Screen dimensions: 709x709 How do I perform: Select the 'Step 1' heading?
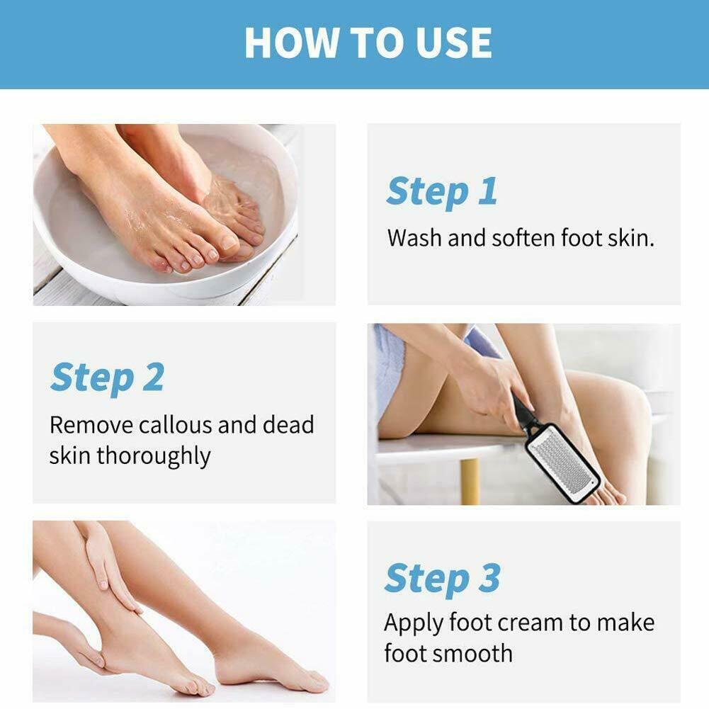pyautogui.click(x=441, y=192)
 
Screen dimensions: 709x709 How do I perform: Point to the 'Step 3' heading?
pyautogui.click(x=442, y=578)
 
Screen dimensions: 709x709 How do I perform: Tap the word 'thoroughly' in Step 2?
pyautogui.click(x=153, y=456)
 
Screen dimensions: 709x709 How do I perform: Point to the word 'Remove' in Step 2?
pyautogui.click(x=91, y=425)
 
